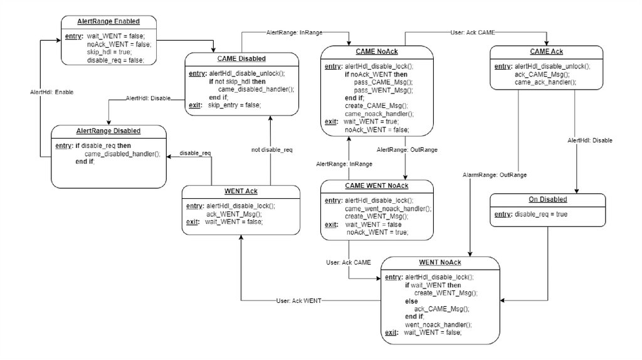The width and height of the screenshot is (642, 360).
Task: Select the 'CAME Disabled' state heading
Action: [241, 59]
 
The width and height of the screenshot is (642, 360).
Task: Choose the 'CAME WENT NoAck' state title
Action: [377, 186]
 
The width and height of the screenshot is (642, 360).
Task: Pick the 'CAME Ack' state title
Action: [548, 51]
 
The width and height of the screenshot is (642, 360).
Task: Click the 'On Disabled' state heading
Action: [547, 199]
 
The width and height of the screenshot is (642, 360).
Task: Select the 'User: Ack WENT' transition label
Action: [298, 300]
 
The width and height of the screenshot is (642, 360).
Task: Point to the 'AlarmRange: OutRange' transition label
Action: [494, 174]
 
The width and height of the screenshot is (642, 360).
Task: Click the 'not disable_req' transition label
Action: [272, 151]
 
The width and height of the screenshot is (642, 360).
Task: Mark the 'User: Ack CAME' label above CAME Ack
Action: [473, 32]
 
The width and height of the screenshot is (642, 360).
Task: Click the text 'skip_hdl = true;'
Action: [109, 52]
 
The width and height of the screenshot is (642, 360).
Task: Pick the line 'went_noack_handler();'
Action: [438, 324]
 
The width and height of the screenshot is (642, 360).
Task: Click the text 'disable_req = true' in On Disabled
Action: [540, 214]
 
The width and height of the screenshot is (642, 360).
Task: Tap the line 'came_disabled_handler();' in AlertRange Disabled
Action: [122, 154]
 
